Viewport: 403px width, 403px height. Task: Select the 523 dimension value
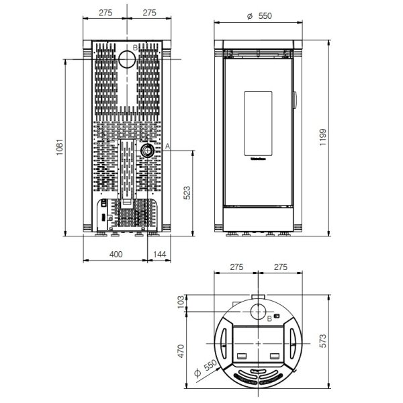(188, 193)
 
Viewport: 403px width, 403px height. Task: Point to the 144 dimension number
(159, 254)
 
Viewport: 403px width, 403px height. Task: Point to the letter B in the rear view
(135, 48)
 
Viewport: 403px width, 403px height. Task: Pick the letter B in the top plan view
(269, 318)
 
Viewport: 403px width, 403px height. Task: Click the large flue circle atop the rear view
(127, 60)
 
